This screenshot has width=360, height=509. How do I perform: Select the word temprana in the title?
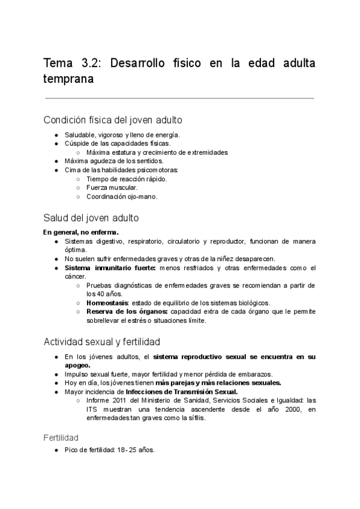[x=68, y=79]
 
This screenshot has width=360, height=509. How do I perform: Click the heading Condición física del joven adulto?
[x=113, y=119]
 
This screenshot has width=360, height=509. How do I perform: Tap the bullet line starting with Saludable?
[x=122, y=135]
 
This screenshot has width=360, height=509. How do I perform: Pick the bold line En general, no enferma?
[x=81, y=232]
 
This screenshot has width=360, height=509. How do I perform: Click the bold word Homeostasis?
[x=107, y=303]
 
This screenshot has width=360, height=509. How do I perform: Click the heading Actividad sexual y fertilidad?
[x=101, y=342]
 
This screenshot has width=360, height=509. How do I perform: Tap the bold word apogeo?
[x=77, y=365]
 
